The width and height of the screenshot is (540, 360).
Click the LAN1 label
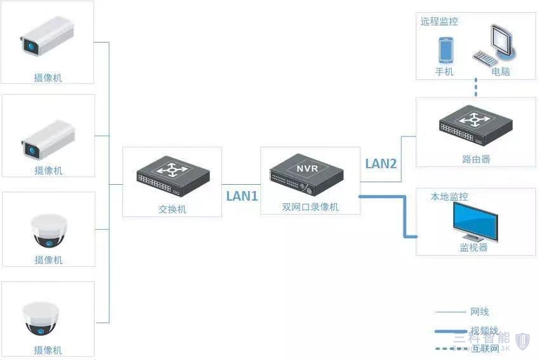242,196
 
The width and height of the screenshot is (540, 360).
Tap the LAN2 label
381,164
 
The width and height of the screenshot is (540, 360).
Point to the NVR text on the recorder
306,168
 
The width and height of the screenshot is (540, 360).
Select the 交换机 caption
172,209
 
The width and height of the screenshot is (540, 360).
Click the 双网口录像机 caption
310,208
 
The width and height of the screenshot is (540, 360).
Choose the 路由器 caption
476,159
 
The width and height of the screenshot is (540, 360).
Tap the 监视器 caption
473,248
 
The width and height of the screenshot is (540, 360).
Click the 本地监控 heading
449,197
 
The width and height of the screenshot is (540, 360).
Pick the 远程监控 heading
439,22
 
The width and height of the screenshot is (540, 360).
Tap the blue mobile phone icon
445,50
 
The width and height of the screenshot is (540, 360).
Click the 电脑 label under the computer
501,72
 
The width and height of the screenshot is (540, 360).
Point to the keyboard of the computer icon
484,59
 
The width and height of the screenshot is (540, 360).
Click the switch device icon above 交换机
173,177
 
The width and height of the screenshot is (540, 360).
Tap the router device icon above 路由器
475,126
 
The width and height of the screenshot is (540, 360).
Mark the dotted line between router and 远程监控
476,88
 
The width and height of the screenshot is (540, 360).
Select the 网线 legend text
480,312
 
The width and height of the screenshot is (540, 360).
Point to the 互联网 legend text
484,348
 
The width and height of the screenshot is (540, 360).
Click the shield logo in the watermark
522,340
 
